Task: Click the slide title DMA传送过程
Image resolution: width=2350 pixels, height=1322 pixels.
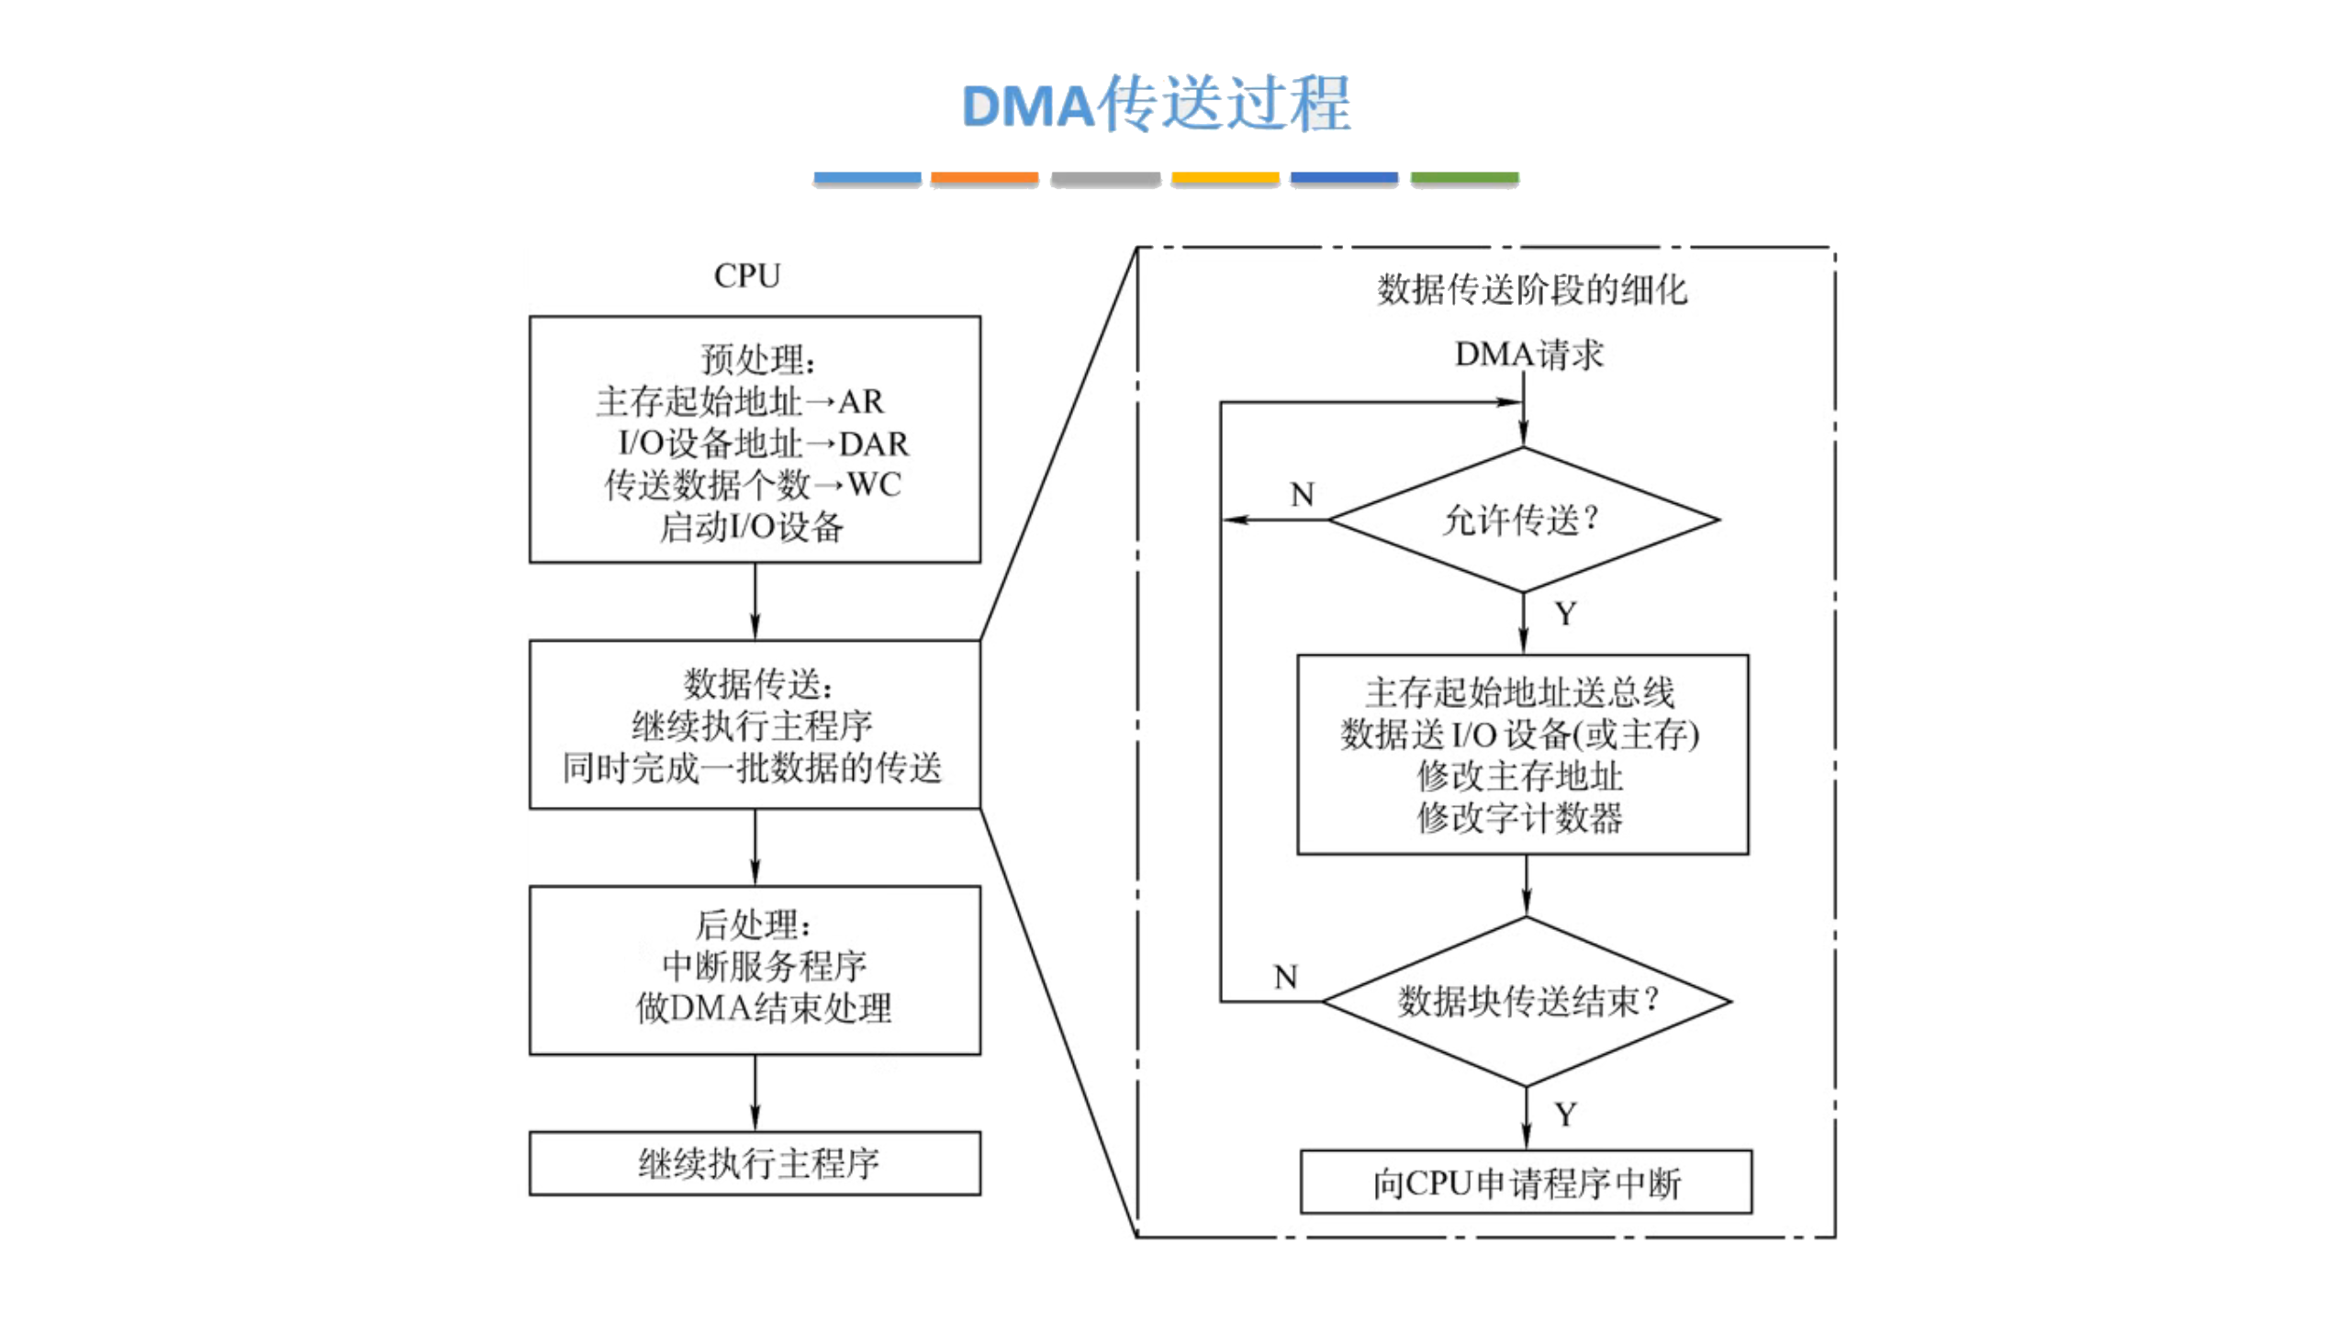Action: (x=1155, y=104)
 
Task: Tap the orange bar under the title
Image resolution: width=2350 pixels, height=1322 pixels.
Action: (x=984, y=178)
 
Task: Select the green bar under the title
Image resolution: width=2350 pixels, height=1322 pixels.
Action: (x=1464, y=178)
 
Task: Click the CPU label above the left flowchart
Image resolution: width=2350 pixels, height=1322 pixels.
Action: (x=746, y=275)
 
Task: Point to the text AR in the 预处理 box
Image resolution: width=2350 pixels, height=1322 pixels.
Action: (x=860, y=402)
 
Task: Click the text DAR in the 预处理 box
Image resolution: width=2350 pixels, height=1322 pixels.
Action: (x=873, y=444)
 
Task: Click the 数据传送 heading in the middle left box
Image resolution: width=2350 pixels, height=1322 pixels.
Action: (x=757, y=684)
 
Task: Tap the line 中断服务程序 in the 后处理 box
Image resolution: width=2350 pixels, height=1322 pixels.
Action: (x=764, y=966)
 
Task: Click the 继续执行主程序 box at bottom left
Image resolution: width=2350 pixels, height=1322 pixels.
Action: (x=755, y=1163)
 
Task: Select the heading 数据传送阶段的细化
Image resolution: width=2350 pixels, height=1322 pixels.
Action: (x=1531, y=290)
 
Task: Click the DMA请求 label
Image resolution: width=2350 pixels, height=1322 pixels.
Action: (x=1528, y=354)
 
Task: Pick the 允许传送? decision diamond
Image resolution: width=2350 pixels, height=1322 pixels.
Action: (x=1523, y=520)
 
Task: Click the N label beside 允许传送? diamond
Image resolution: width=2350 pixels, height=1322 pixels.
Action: (x=1302, y=495)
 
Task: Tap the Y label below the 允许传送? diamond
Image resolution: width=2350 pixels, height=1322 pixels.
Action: (x=1565, y=613)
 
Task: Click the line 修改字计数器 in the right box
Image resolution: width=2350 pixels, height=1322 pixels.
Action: (x=1519, y=817)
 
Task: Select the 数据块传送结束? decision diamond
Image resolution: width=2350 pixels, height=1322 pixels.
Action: (x=1527, y=1001)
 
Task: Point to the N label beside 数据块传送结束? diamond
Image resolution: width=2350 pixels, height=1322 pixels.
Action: (x=1285, y=977)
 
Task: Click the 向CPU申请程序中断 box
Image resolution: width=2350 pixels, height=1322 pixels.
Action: (x=1526, y=1182)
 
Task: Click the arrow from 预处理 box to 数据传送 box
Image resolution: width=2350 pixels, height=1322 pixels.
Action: (x=755, y=601)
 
